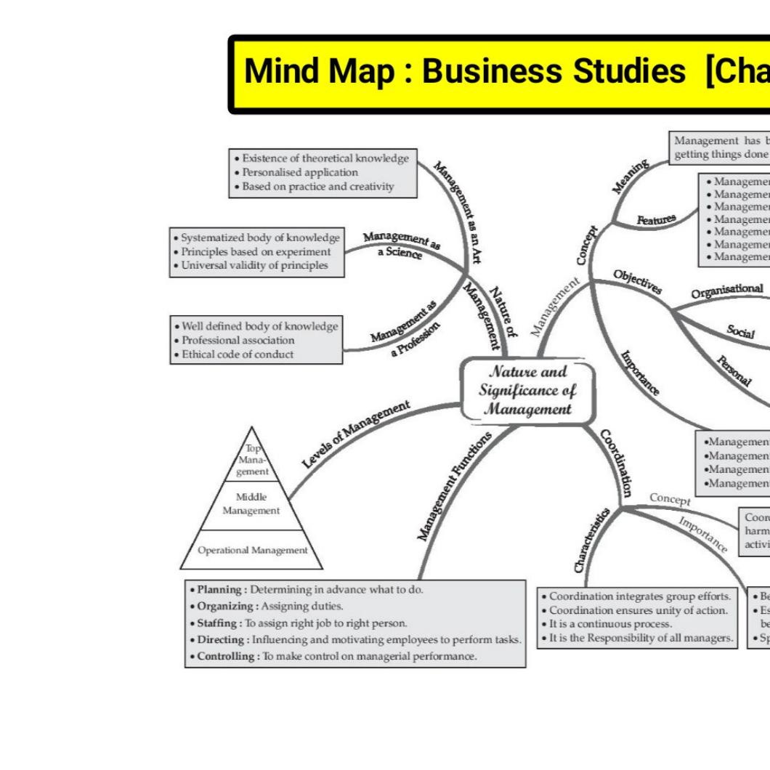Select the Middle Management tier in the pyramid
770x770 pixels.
251,503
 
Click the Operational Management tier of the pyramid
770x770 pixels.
252,550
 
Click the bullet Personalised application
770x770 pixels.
299,172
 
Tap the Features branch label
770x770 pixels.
657,219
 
